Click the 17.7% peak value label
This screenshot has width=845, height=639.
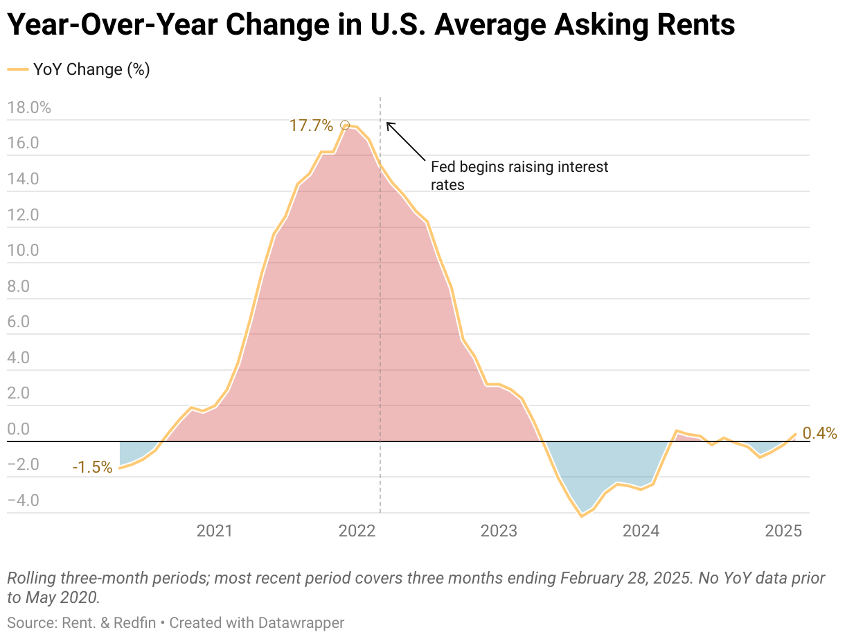311,125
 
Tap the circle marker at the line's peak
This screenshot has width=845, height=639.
345,125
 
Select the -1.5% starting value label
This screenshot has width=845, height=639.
92,468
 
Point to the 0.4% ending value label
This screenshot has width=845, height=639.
819,434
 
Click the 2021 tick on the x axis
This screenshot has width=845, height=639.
215,532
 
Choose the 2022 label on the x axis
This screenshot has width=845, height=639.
357,532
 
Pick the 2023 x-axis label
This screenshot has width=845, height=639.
499,532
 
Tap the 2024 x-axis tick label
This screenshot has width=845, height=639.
641,532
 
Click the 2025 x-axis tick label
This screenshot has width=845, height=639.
783,532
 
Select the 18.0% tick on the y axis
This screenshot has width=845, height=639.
28,107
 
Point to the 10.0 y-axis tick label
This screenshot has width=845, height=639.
23,250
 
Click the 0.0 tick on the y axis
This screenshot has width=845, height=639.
19,429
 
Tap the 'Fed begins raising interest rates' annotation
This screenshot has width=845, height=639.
519,176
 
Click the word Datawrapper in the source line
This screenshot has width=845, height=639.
301,622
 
